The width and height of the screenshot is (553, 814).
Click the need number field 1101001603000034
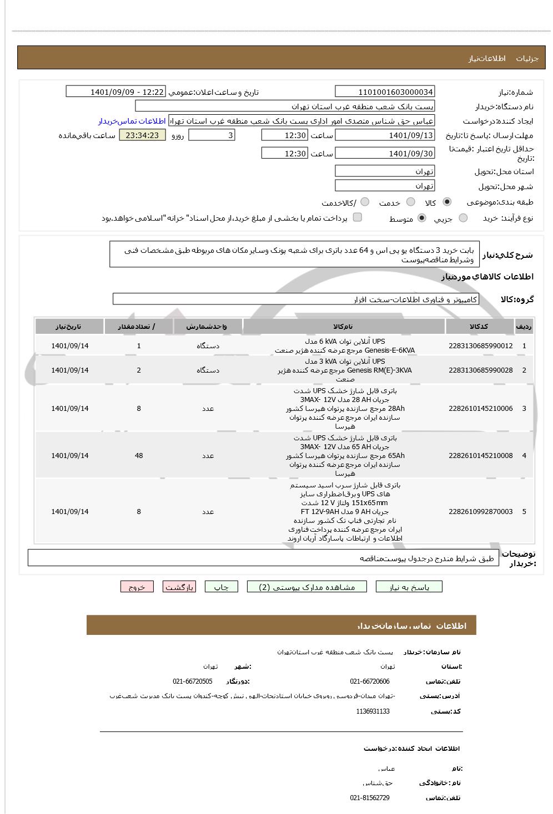pos(385,92)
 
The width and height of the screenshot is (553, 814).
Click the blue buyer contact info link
pos(132,121)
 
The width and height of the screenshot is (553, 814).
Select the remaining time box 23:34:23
pos(142,135)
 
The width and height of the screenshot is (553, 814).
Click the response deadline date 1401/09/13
pos(385,135)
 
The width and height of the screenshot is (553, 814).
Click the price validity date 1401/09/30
pos(385,154)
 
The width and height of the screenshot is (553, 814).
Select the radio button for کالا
pos(447,202)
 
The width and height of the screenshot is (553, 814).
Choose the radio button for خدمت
pos(411,202)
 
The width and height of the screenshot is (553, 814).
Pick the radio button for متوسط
pos(422,218)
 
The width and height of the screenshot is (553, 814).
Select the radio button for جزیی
pos(463,218)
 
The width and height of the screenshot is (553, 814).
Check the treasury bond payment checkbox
pos(358,217)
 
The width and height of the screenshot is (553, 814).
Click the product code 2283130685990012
pos(480,345)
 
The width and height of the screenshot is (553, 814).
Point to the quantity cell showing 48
pos(139,456)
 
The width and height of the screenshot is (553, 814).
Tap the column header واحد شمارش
pos(207,327)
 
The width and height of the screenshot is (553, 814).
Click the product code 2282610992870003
pos(480,512)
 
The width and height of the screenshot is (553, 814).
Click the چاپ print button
pos(221,587)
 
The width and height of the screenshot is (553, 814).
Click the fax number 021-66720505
pos(192,681)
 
